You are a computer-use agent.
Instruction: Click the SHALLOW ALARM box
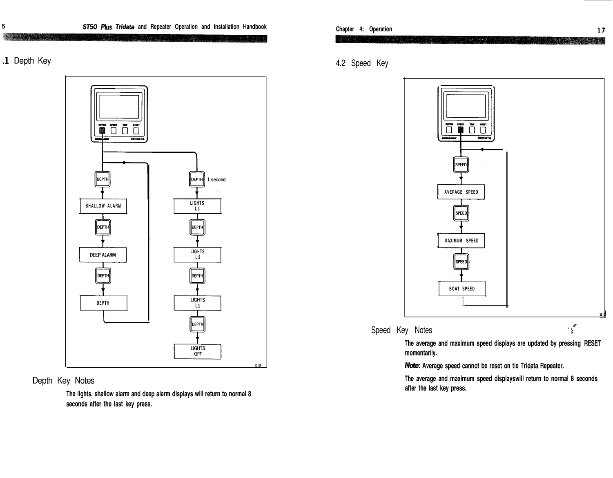(103, 206)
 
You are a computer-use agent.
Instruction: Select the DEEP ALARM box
(103, 255)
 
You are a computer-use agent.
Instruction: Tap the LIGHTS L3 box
(197, 206)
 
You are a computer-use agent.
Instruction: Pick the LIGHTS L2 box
(197, 255)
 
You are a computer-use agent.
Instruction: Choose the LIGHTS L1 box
(197, 303)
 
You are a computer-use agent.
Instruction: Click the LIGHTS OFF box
(198, 351)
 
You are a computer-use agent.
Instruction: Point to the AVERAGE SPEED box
(461, 192)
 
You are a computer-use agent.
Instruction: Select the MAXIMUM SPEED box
(461, 241)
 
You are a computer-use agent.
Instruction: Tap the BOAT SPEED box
(462, 289)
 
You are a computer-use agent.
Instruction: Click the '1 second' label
(216, 180)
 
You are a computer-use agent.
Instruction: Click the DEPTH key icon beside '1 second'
(197, 179)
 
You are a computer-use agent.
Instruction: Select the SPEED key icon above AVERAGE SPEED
(461, 165)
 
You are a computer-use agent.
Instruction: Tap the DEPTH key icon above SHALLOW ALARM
(103, 179)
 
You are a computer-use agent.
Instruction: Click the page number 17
(601, 30)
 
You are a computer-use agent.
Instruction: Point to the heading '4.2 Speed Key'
(362, 63)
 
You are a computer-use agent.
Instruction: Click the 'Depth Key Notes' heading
(63, 381)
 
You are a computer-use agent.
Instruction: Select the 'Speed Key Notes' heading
(401, 330)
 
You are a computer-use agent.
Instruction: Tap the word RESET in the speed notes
(592, 344)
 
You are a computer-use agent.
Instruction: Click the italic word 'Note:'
(412, 366)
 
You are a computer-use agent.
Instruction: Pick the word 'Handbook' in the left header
(255, 27)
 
